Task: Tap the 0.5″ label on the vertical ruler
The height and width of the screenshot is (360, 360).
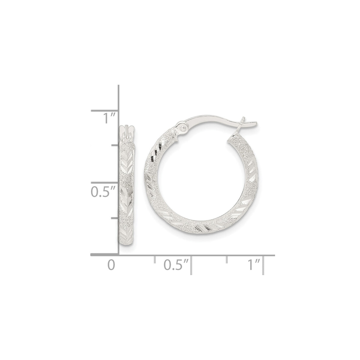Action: coord(102,192)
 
